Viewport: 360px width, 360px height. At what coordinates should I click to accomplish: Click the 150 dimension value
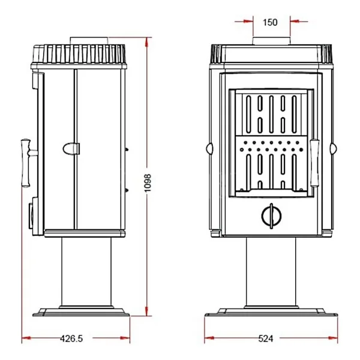[270, 22]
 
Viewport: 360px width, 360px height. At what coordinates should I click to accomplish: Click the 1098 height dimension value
[148, 183]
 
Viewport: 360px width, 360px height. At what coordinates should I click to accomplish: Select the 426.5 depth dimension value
[71, 338]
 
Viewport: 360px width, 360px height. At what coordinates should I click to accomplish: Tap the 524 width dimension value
[266, 338]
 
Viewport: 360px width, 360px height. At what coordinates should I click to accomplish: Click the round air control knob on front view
[271, 216]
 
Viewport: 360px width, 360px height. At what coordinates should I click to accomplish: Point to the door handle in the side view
[26, 163]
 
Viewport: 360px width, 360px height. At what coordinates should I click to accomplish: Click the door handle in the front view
[314, 163]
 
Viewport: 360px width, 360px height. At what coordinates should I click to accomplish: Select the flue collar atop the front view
[271, 41]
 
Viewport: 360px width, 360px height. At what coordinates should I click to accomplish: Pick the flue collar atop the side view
[89, 41]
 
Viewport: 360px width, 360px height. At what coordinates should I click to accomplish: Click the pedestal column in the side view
[86, 272]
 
